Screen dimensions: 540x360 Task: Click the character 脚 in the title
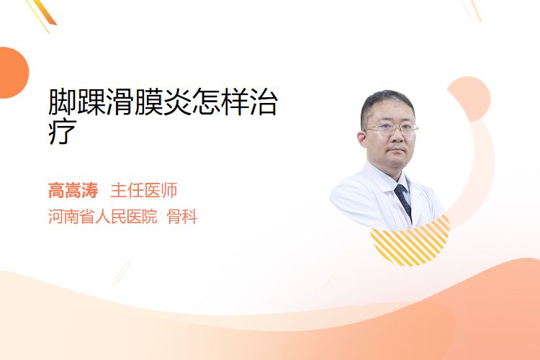[63, 102]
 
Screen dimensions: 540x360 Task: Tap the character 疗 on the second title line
[63, 131]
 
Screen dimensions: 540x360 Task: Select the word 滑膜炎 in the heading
[149, 102]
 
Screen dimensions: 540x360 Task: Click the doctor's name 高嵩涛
[73, 190]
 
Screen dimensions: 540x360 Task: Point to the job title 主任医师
[144, 190]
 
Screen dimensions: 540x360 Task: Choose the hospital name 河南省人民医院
[103, 217]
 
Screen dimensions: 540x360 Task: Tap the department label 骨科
[182, 217]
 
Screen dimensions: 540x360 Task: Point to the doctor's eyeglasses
[391, 130]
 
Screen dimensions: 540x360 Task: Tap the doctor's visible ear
[361, 139]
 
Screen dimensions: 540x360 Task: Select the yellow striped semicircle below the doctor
[410, 242]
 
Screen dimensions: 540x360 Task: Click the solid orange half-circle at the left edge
[13, 73]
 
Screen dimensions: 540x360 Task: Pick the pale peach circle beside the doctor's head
[469, 99]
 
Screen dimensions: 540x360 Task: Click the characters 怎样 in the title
[220, 102]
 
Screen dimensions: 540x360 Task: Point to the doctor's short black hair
[387, 104]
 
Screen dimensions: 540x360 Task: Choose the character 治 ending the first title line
[264, 102]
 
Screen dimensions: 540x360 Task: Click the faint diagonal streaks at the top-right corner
[472, 9]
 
